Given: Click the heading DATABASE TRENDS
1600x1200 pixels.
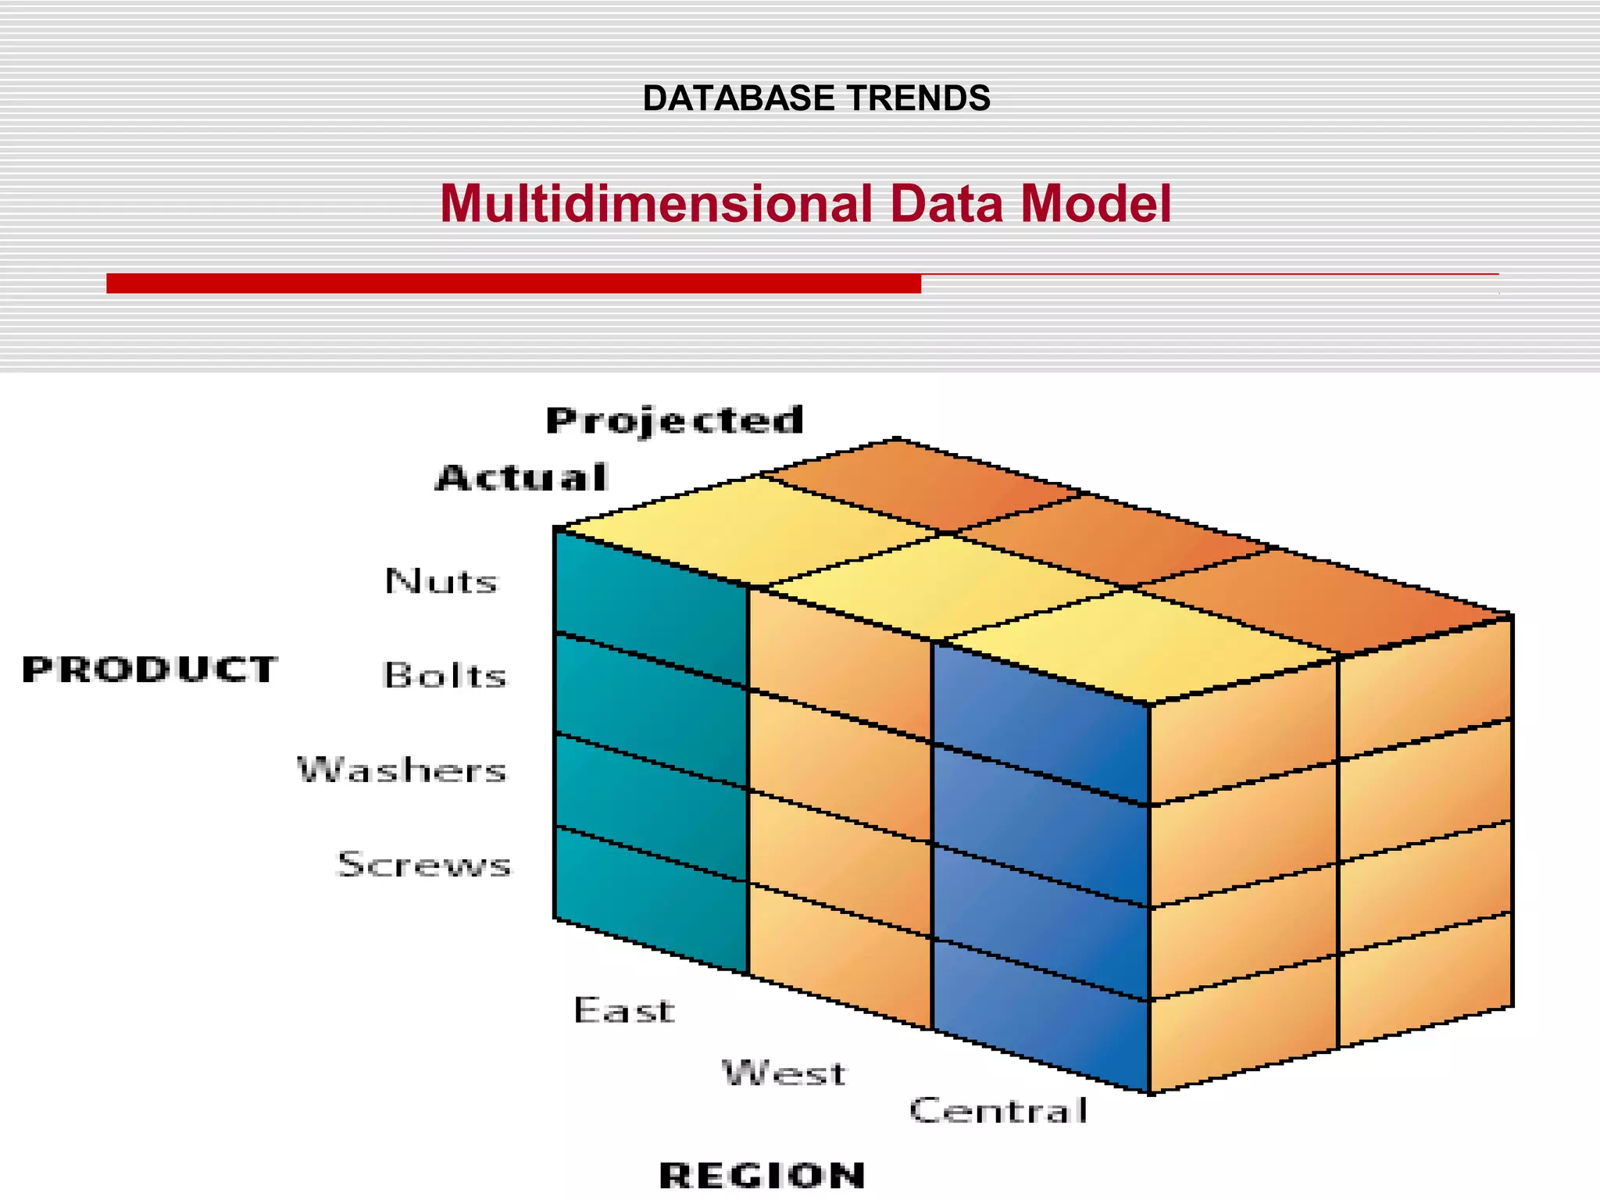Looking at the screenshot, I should [816, 98].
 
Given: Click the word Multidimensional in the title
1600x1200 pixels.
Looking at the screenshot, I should [656, 204].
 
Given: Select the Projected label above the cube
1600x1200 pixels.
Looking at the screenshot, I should [674, 421].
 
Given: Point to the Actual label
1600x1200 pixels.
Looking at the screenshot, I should [521, 478].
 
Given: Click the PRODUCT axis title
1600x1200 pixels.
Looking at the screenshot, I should [149, 670].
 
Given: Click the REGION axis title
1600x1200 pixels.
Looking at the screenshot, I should [762, 1175].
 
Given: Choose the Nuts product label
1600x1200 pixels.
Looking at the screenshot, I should [441, 581].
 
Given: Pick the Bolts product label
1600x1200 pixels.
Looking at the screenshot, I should [445, 676].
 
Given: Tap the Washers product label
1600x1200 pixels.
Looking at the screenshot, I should [402, 770].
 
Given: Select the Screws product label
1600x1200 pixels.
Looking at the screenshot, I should [424, 865].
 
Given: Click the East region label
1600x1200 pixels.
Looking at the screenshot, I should [623, 1010].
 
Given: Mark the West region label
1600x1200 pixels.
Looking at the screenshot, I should [784, 1073].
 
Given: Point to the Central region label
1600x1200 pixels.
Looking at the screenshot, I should [998, 1110].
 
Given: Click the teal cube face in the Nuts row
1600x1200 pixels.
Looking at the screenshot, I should [650, 609].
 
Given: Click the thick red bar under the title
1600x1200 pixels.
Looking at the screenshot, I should [513, 284].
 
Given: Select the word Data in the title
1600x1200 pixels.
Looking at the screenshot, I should [946, 204].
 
